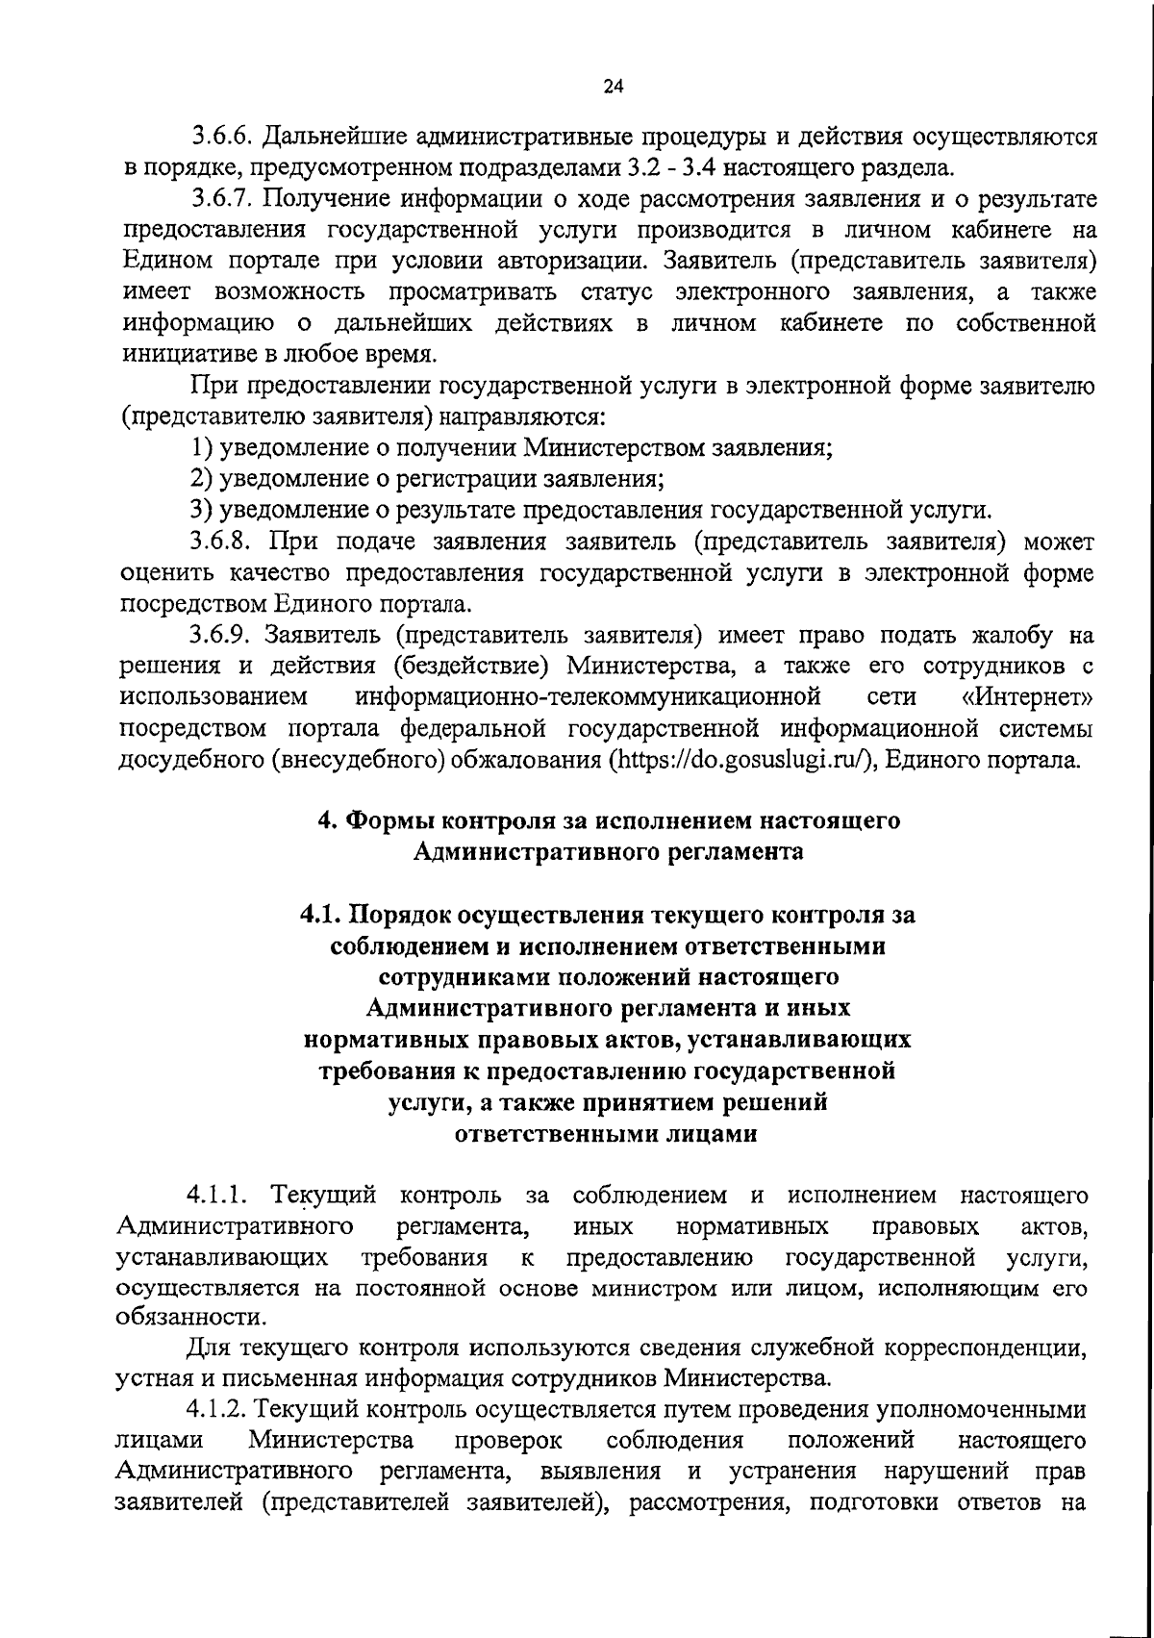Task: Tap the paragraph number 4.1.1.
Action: tap(218, 1197)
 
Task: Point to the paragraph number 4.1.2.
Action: tap(218, 1411)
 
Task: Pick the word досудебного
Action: tap(189, 760)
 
